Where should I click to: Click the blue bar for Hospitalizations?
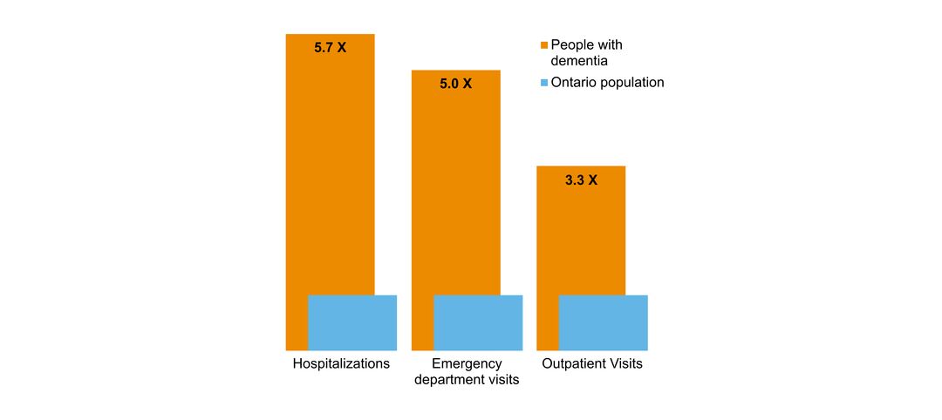[x=352, y=322]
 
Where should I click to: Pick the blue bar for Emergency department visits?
[x=478, y=322]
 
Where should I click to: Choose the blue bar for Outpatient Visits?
[x=603, y=322]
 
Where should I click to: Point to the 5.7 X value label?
[x=330, y=48]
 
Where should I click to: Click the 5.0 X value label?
[x=455, y=84]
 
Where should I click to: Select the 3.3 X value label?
[x=581, y=180]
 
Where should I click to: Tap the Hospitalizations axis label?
[x=341, y=363]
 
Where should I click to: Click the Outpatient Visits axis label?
[x=592, y=363]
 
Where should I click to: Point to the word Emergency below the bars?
[x=467, y=363]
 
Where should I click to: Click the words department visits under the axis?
[x=467, y=379]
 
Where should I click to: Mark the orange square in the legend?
[x=544, y=45]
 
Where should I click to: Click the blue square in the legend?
[x=544, y=83]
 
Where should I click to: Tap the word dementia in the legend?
[x=579, y=61]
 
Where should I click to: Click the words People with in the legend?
[x=586, y=45]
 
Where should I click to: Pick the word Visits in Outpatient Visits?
[x=625, y=363]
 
